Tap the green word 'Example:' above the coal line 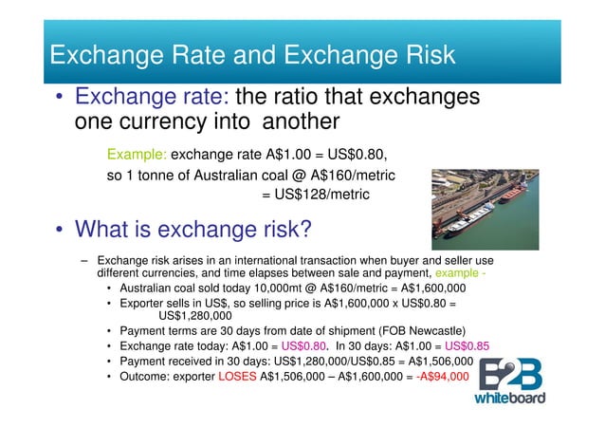pyautogui.click(x=137, y=154)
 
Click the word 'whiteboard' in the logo pyautogui.click(x=509, y=398)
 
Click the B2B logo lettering pyautogui.click(x=509, y=373)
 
